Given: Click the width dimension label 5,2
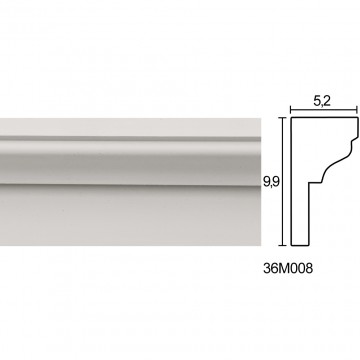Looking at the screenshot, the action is click(x=322, y=101).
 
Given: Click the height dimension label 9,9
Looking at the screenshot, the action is click(x=271, y=182).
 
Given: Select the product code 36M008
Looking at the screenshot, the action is click(x=288, y=268).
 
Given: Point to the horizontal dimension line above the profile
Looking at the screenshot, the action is click(x=324, y=109).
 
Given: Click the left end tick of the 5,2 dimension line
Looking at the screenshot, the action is click(x=291, y=109).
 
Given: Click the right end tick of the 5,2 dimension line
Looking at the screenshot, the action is click(x=358, y=109).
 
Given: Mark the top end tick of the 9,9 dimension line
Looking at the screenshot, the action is click(x=283, y=118).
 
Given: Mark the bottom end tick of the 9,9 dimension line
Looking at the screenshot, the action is click(x=283, y=245).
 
